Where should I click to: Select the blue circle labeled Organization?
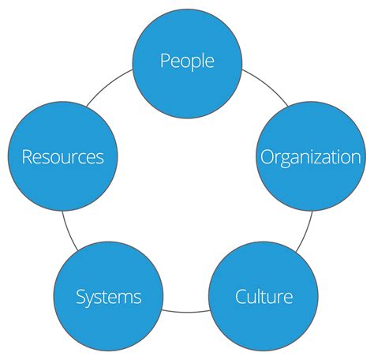coord(311,157)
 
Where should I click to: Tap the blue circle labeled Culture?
coord(264,297)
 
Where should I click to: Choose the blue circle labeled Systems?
coord(109,297)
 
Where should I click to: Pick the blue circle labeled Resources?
coord(62,157)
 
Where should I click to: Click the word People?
coord(187,61)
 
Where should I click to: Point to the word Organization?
coord(311,157)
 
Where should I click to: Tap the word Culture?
coord(264,297)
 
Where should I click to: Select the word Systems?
coord(109,297)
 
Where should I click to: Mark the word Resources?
coord(62,157)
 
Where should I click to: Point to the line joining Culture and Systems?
coord(186,311)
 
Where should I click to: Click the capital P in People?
coord(165,61)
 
